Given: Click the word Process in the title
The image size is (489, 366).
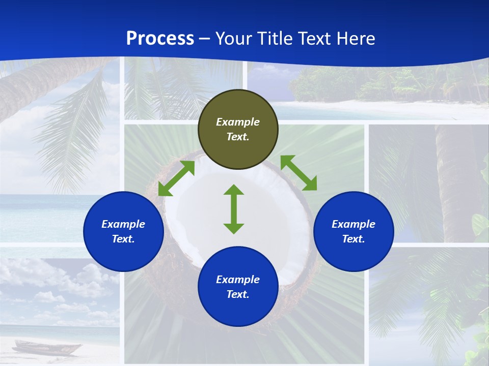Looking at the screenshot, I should [x=160, y=39].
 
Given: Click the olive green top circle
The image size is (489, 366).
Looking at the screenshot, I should [x=238, y=129].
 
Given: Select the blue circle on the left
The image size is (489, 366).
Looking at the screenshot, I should [x=123, y=231].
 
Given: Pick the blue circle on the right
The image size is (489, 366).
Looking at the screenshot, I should [x=354, y=231].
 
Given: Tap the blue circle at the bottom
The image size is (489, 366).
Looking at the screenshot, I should [x=238, y=287].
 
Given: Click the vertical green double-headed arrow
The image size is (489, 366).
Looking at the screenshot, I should [x=234, y=209].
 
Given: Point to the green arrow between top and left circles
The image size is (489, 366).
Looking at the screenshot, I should [x=176, y=178].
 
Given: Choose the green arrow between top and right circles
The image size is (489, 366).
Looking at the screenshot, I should [x=298, y=173].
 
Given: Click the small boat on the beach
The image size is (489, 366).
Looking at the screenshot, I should [x=46, y=348].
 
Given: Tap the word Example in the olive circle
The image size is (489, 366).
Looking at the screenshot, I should [x=238, y=122].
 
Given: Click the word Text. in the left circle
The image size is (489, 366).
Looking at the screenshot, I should [x=123, y=239].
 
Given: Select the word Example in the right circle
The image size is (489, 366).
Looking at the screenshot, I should [x=354, y=224].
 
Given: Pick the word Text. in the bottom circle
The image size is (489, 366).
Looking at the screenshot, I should [x=238, y=294].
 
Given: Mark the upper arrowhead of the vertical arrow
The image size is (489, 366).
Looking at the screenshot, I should [x=234, y=190].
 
